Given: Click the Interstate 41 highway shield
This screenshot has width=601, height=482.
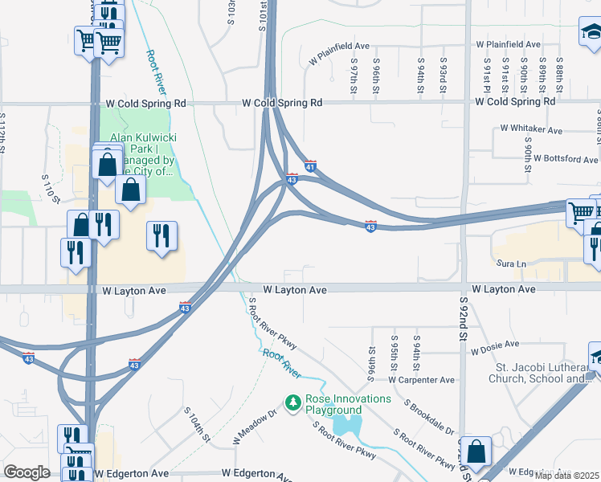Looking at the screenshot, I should click(310, 165).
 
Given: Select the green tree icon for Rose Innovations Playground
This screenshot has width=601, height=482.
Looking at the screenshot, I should click(294, 401).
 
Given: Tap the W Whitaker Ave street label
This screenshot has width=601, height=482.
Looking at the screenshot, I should click(531, 129).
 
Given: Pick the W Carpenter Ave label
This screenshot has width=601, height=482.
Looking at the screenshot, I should click(421, 380).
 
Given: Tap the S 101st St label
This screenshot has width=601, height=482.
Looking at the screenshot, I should click(262, 16).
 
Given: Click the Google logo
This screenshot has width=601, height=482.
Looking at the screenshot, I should click(27, 472).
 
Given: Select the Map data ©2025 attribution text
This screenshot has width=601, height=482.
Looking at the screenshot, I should click(566, 476).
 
